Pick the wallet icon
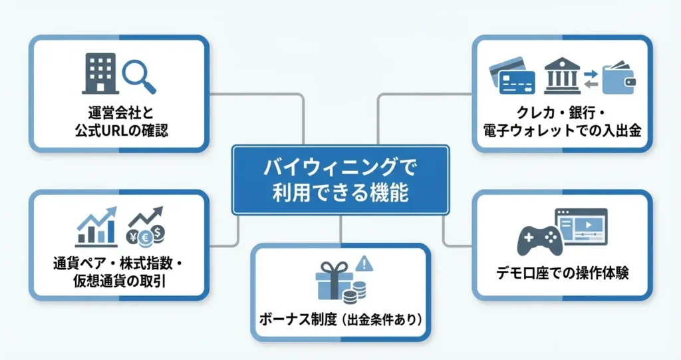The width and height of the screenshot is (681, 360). tap(618, 78)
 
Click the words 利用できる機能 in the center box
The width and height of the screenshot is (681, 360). tap(340, 194)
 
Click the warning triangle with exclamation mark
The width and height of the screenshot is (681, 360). tap(364, 265)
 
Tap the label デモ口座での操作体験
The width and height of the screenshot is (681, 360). tap(563, 273)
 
